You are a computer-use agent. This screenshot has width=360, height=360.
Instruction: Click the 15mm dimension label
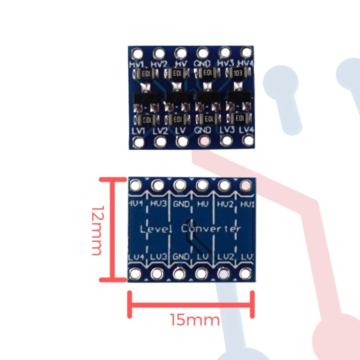tap(195, 319)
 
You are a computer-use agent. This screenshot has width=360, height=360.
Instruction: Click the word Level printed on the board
tap(156, 229)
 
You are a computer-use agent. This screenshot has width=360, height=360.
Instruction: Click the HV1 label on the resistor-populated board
tap(137, 64)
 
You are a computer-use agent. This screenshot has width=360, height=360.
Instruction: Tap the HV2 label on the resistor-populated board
tap(159, 64)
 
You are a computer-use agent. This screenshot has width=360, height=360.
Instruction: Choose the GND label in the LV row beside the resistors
tap(203, 130)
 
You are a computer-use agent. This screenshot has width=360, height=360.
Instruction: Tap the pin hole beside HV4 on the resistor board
tap(246, 52)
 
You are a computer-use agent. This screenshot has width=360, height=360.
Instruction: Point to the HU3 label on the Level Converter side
tap(158, 204)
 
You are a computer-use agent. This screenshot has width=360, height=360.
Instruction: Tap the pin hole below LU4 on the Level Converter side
tap(136, 273)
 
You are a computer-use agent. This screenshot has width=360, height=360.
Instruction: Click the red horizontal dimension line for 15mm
tap(191, 303)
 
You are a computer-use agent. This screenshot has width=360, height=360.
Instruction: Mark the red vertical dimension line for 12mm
tap(113, 229)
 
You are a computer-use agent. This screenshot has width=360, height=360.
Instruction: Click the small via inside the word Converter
tap(188, 224)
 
